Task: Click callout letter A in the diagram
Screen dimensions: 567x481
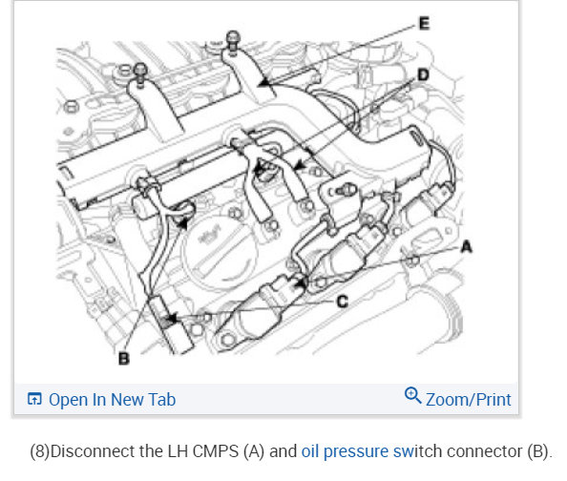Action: pyautogui.click(x=467, y=247)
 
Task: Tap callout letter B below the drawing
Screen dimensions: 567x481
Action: pyautogui.click(x=124, y=359)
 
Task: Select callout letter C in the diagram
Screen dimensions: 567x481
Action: pyautogui.click(x=342, y=302)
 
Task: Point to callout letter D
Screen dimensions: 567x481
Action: pyautogui.click(x=423, y=75)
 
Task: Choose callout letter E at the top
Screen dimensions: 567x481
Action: pyautogui.click(x=424, y=24)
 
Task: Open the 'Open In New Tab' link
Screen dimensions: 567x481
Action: pyautogui.click(x=112, y=400)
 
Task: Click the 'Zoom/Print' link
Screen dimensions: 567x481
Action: pyautogui.click(x=469, y=400)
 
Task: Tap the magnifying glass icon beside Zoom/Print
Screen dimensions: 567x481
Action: pyautogui.click(x=412, y=395)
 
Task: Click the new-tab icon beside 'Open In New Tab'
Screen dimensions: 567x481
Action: pyautogui.click(x=34, y=399)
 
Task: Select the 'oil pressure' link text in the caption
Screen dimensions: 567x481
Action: pyautogui.click(x=345, y=451)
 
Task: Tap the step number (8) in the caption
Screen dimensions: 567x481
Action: pyautogui.click(x=40, y=451)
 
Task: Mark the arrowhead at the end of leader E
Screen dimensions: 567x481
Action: pyautogui.click(x=264, y=83)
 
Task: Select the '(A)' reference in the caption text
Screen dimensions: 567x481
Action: pyautogui.click(x=254, y=451)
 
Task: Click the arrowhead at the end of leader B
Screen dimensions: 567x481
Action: pyautogui.click(x=183, y=224)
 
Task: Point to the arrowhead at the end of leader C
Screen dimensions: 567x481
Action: pyautogui.click(x=172, y=318)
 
